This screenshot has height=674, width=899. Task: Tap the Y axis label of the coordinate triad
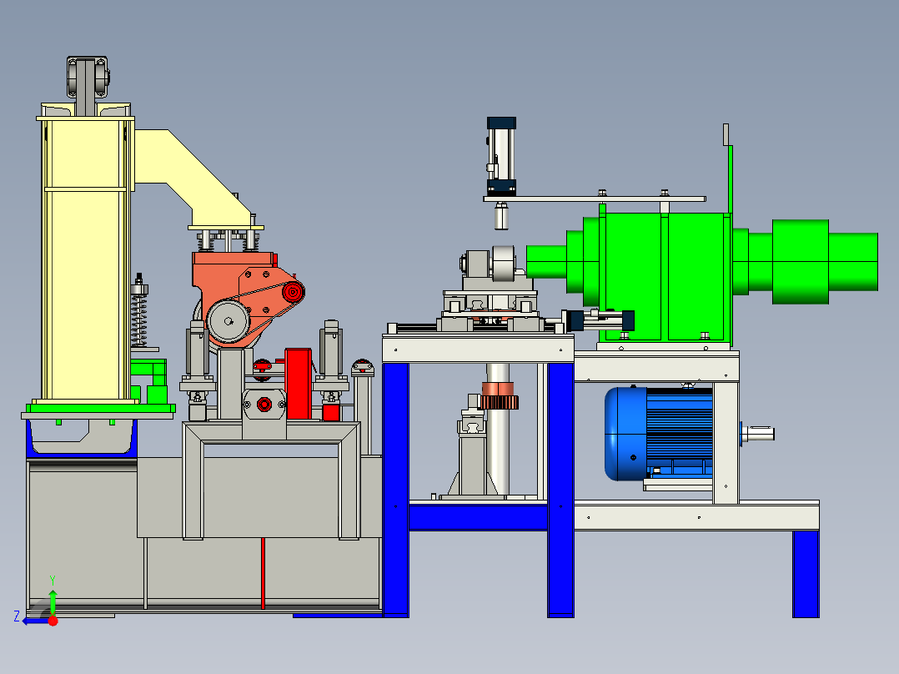[x=53, y=580]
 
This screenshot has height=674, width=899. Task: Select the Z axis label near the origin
[x=17, y=616]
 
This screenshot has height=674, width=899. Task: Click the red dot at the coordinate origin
[x=53, y=621]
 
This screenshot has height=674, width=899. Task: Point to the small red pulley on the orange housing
[x=293, y=292]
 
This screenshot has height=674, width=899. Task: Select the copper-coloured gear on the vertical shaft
[x=500, y=395]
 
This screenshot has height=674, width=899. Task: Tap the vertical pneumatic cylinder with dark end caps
[x=502, y=156]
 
